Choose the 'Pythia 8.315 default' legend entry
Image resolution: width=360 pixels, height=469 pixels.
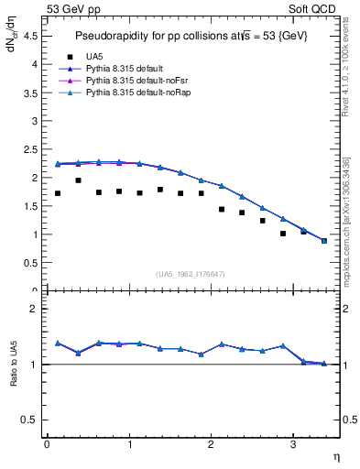[125, 69]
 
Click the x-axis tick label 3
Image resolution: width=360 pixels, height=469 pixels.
[293, 444]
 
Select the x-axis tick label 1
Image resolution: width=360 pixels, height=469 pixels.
[129, 444]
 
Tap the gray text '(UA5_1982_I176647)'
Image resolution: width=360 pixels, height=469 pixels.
[191, 273]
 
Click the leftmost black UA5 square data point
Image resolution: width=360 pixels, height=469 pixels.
[58, 193]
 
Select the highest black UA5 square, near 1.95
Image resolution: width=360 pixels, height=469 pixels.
[78, 180]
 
